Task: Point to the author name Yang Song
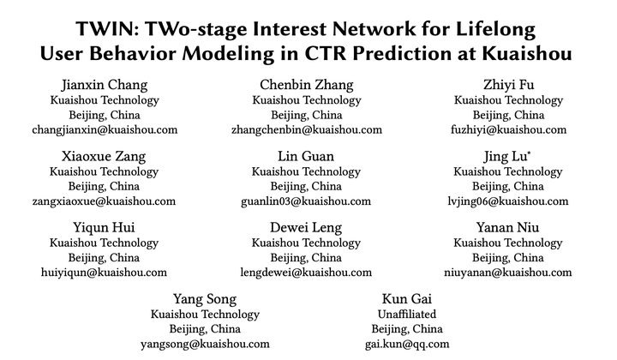tap(205, 298)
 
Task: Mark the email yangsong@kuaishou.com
tap(205, 344)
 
